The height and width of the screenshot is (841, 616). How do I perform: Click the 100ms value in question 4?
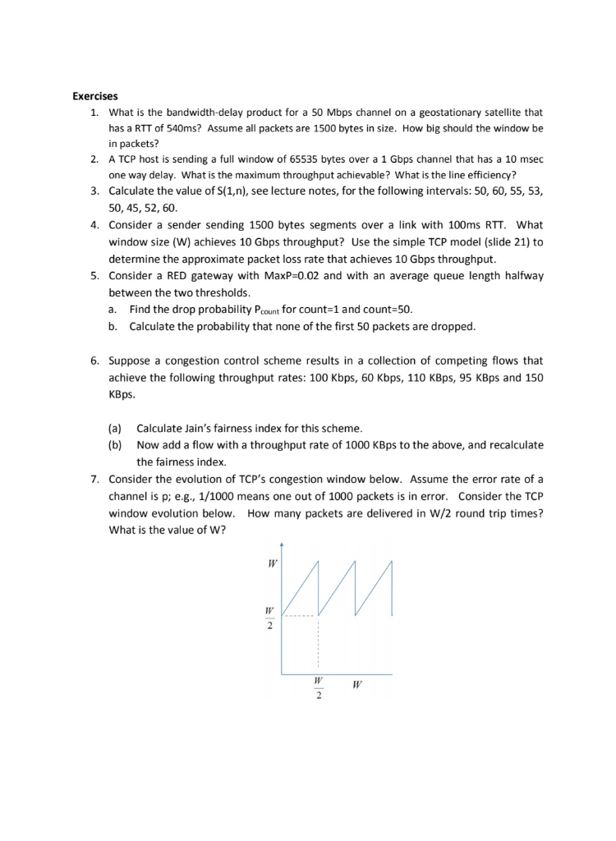[x=450, y=224]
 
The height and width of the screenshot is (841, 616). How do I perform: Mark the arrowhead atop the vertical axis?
[x=282, y=544]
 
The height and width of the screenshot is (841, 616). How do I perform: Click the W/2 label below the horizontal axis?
[x=319, y=689]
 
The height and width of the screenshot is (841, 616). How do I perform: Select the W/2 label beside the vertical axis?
[x=268, y=618]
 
